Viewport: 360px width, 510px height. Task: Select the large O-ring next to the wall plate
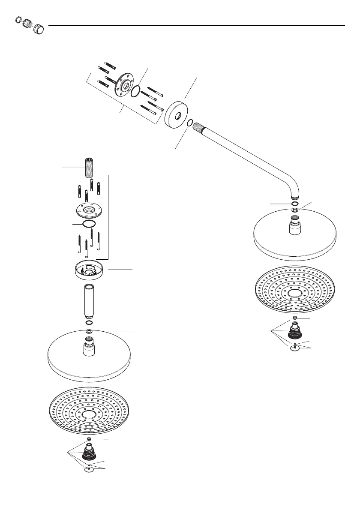pyautogui.click(x=135, y=91)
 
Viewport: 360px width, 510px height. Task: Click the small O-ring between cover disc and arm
pyautogui.click(x=190, y=123)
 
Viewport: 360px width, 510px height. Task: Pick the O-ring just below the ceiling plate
pyautogui.click(x=89, y=224)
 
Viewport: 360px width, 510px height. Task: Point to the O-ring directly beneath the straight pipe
pyautogui.click(x=89, y=322)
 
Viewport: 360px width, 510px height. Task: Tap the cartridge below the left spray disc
pyautogui.click(x=89, y=454)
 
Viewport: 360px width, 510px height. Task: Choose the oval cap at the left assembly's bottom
pyautogui.click(x=88, y=471)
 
